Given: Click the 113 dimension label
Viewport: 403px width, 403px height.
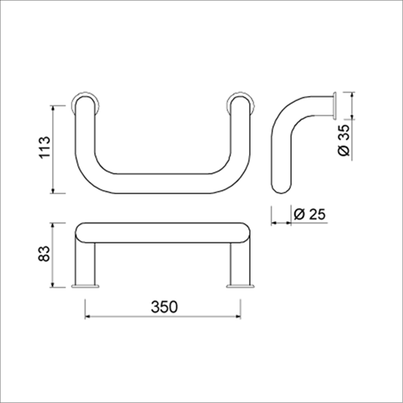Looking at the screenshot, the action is (x=44, y=147).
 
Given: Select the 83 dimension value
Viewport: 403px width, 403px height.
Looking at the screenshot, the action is (x=44, y=253).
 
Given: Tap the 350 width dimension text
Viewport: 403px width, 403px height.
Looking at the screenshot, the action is (x=164, y=306).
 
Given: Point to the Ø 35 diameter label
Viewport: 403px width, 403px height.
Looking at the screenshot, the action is (x=344, y=139).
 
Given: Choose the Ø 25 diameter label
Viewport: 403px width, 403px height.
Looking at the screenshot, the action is (x=310, y=214).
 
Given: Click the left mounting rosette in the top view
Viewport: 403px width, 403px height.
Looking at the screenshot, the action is (x=85, y=103).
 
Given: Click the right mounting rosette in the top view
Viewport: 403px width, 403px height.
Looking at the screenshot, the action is (x=240, y=103).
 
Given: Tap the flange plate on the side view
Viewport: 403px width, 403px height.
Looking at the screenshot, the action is (x=334, y=106).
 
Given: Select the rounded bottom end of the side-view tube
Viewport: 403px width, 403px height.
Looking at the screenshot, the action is (x=281, y=187).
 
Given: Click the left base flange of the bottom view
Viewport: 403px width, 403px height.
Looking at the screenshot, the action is (x=85, y=286).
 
